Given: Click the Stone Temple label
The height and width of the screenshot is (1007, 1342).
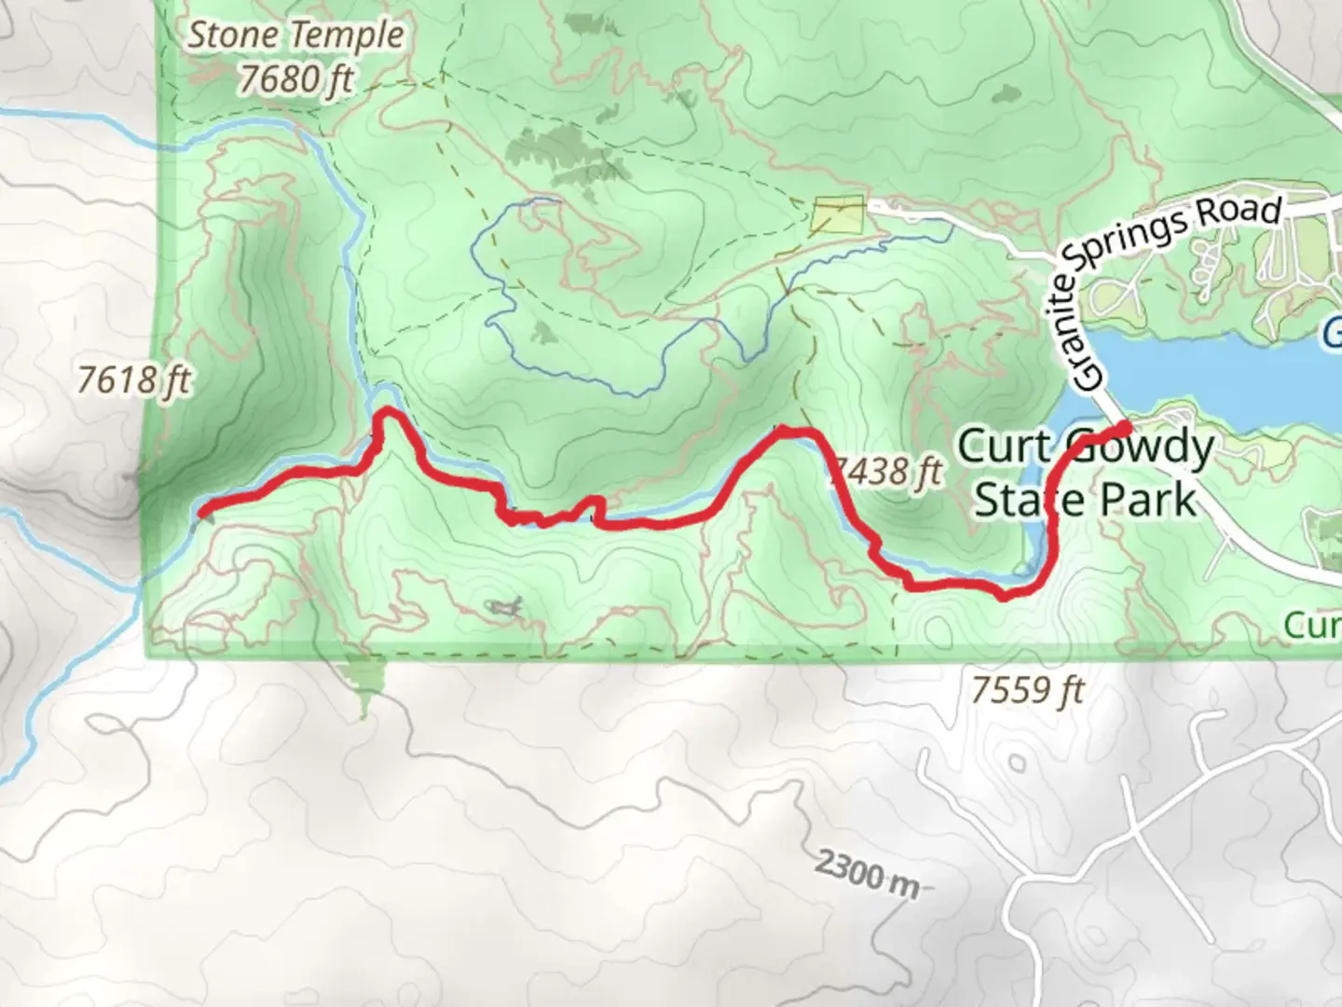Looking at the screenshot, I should [296, 36].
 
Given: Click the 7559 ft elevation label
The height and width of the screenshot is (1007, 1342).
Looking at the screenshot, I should [1028, 691].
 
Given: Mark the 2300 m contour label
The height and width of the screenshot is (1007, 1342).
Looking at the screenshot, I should [866, 873].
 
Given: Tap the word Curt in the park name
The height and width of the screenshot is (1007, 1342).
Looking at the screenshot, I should [1005, 447].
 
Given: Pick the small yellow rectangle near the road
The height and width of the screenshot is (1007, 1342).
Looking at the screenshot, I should [838, 215].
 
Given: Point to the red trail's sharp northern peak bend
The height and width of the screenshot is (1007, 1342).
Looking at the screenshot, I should [388, 412].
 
